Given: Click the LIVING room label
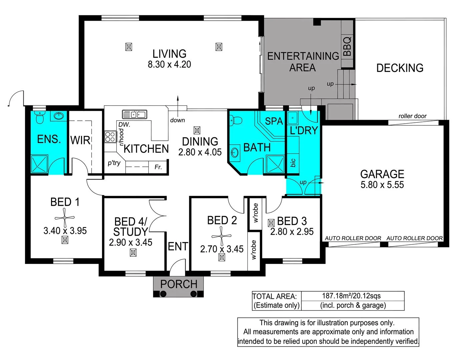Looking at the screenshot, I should click(169, 54).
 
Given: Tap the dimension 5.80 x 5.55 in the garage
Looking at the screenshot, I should click(382, 185).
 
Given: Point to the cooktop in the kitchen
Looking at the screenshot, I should click(110, 137).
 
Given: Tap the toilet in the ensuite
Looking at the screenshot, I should click(40, 117).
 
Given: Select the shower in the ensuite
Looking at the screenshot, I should click(40, 164).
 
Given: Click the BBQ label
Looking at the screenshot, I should click(347, 46).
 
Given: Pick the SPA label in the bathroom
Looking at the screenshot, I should click(274, 121).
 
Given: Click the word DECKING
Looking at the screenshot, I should click(400, 68).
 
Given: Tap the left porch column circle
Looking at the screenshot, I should click(163, 294).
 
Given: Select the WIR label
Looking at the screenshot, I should click(80, 140).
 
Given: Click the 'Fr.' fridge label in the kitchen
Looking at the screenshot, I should click(158, 167).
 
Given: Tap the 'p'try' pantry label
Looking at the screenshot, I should click(114, 163).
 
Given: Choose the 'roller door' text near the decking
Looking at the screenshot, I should click(412, 116).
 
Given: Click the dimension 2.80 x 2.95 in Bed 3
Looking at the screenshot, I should click(292, 232).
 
